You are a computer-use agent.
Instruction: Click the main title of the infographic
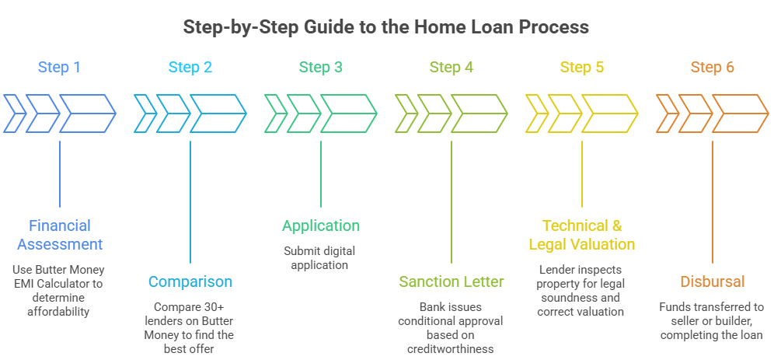pos(386,27)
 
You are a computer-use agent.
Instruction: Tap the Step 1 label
pos(59,68)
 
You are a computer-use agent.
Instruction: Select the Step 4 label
pos(451,68)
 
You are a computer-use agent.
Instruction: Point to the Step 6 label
pos(712,68)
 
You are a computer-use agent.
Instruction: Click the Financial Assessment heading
pos(60,235)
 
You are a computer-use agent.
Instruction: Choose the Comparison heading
pos(190,281)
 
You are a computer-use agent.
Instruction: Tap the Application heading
pos(321,225)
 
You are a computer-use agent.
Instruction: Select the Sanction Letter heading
pos(451,281)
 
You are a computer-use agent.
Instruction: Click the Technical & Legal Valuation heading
pos(582,235)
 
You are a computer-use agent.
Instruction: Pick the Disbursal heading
pos(713,281)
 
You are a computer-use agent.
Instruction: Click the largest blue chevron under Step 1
pos(87,114)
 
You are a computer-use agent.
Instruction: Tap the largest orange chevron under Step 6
pos(740,114)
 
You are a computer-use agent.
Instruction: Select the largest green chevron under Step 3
pos(348,114)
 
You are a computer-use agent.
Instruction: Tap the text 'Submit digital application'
pos(321,257)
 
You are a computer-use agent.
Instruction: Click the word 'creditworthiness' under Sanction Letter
pos(451,350)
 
